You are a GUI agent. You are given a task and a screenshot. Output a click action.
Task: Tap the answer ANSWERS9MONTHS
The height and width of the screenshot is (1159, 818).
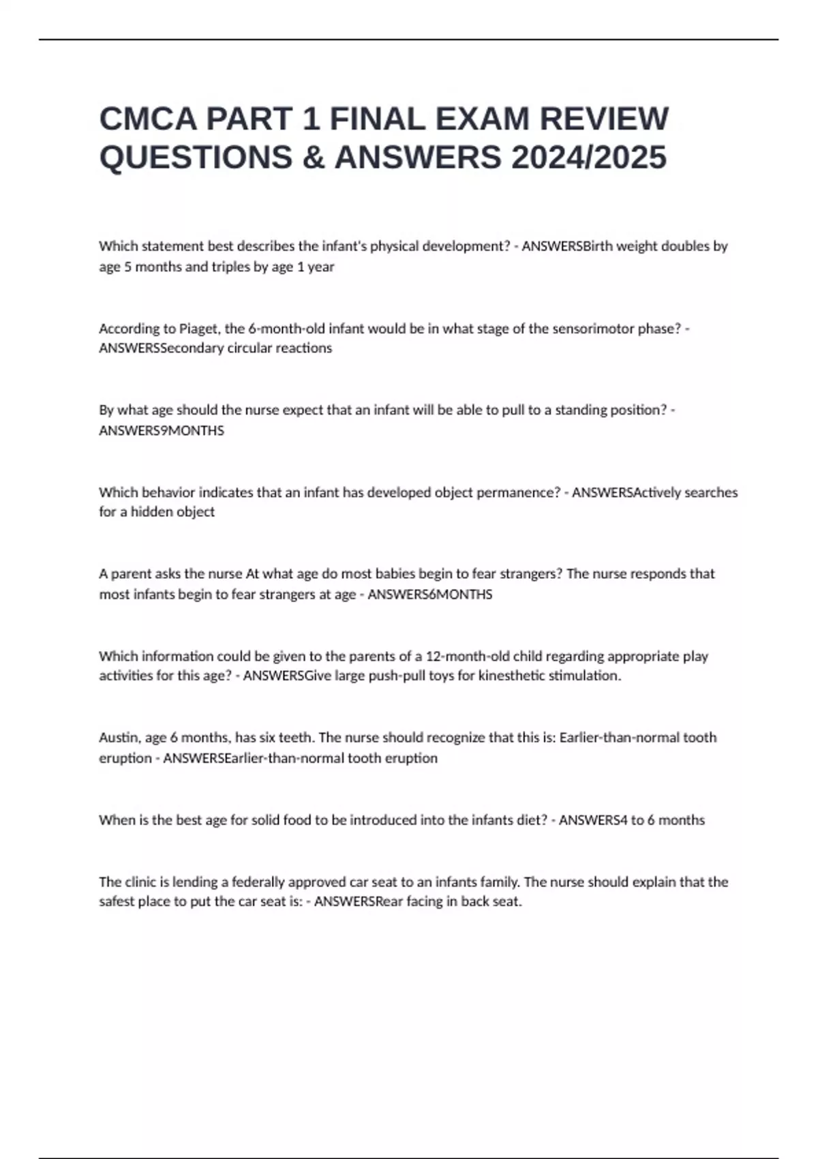click(x=162, y=431)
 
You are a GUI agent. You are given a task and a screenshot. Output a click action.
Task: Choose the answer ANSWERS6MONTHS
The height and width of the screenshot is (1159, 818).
click(x=429, y=594)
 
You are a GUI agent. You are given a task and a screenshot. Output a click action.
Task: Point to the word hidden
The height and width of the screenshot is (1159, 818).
click(x=150, y=512)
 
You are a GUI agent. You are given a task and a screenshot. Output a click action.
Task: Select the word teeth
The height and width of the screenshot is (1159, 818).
click(x=295, y=738)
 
